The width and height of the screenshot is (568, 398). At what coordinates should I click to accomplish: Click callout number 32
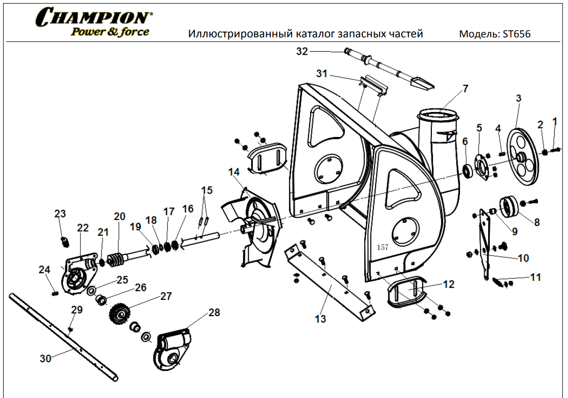302,51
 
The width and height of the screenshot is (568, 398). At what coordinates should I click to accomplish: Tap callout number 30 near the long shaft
46,359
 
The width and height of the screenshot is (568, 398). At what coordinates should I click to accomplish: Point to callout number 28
214,312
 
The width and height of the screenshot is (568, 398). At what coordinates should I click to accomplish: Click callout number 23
60,214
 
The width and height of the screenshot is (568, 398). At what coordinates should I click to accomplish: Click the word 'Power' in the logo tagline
83,32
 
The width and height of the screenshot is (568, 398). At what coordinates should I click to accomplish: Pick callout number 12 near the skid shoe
448,284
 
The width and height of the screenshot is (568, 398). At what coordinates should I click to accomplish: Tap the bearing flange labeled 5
481,167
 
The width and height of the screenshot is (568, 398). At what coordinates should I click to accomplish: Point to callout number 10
523,258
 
